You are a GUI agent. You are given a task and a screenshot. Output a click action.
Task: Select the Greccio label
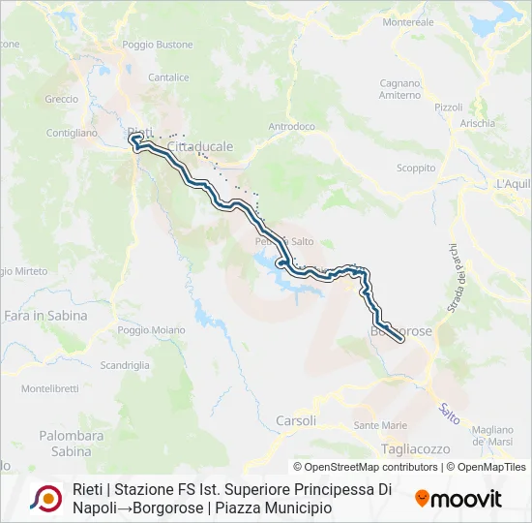click(61, 99)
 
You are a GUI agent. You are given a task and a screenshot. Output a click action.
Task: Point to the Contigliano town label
click(72, 134)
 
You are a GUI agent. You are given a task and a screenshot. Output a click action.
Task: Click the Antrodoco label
click(291, 126)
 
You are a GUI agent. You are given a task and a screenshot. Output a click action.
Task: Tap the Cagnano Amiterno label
click(399, 89)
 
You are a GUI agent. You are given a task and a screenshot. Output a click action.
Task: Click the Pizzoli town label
click(449, 107)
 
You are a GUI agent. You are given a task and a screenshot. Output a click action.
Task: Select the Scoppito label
click(416, 168)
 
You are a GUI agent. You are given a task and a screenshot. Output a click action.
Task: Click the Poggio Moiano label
click(151, 330)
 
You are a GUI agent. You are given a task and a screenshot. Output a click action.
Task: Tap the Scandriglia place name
click(125, 365)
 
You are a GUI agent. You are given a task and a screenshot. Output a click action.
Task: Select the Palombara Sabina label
click(71, 444)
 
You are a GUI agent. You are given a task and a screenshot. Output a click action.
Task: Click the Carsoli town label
click(296, 420)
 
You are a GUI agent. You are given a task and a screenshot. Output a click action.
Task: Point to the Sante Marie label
click(380, 425)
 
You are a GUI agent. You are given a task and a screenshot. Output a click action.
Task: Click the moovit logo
click(458, 499)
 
